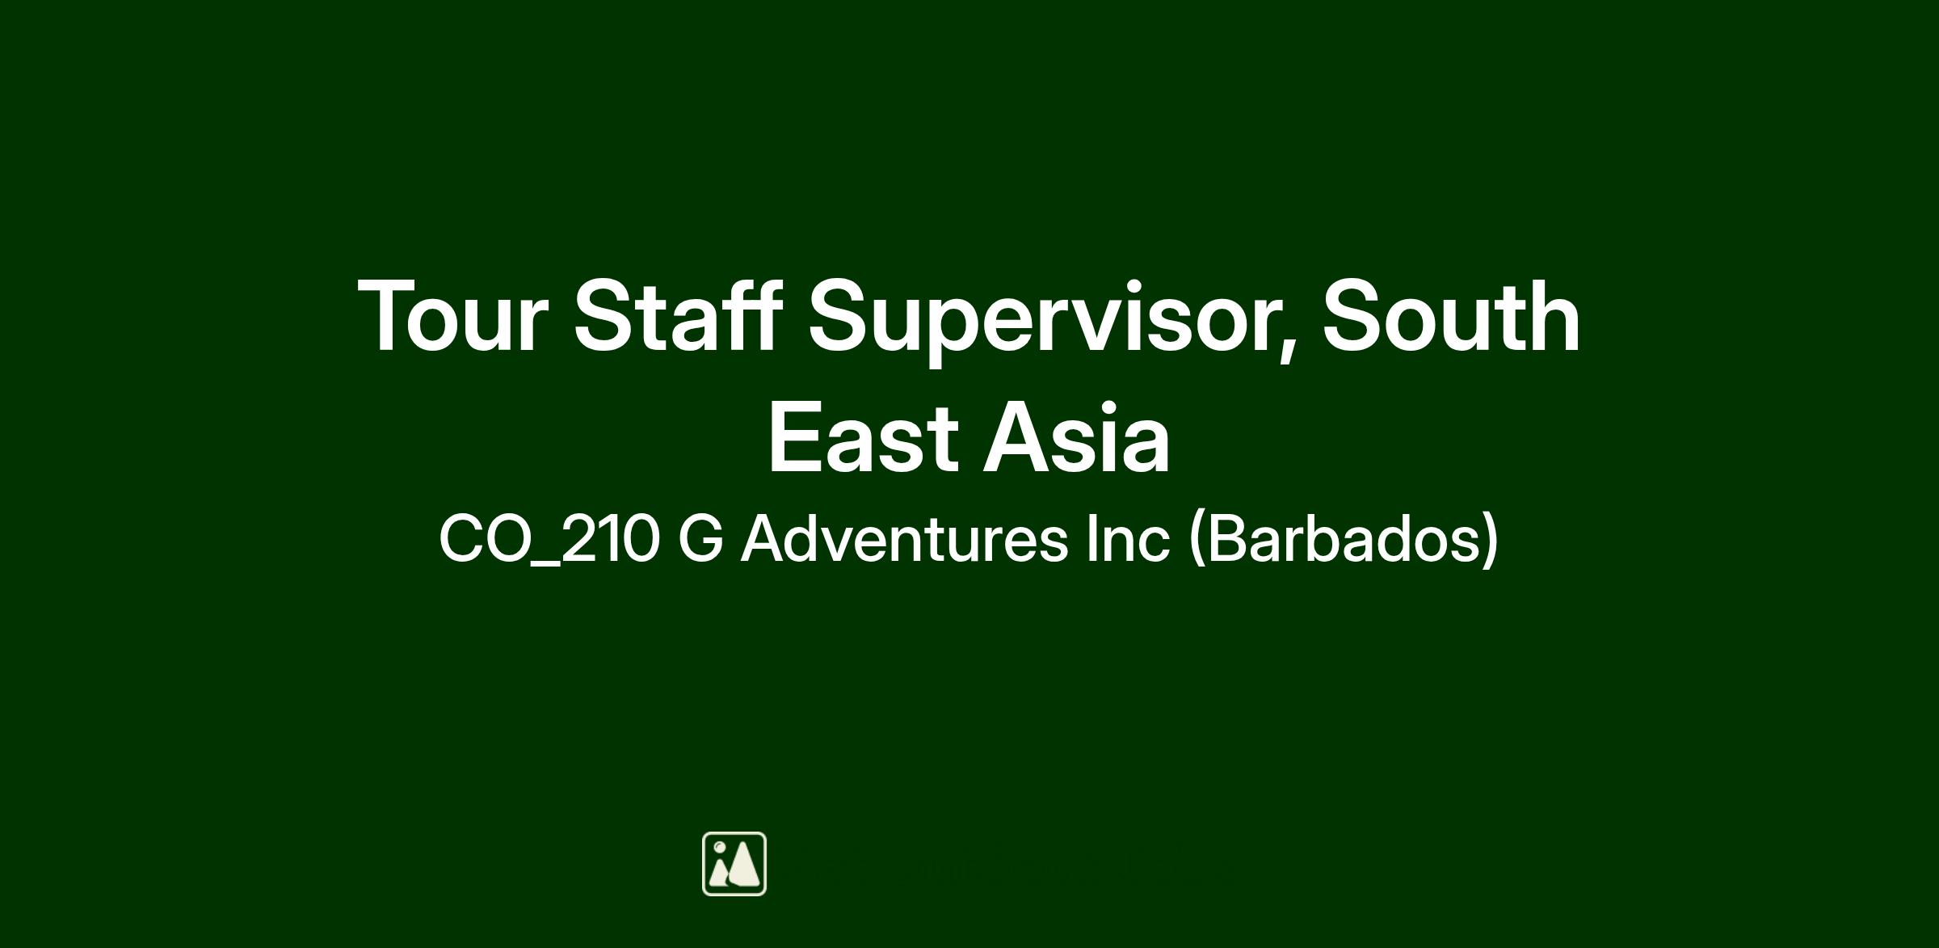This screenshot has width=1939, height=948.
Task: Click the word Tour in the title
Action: click(x=453, y=316)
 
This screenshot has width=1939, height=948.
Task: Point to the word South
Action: click(x=1451, y=314)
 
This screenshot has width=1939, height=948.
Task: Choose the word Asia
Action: click(x=1076, y=437)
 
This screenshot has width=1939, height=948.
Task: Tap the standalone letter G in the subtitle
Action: click(x=700, y=539)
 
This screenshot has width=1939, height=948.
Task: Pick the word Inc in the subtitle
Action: click(x=1127, y=538)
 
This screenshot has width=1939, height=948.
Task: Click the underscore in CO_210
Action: click(x=545, y=565)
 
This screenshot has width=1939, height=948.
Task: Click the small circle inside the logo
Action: click(x=719, y=848)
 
